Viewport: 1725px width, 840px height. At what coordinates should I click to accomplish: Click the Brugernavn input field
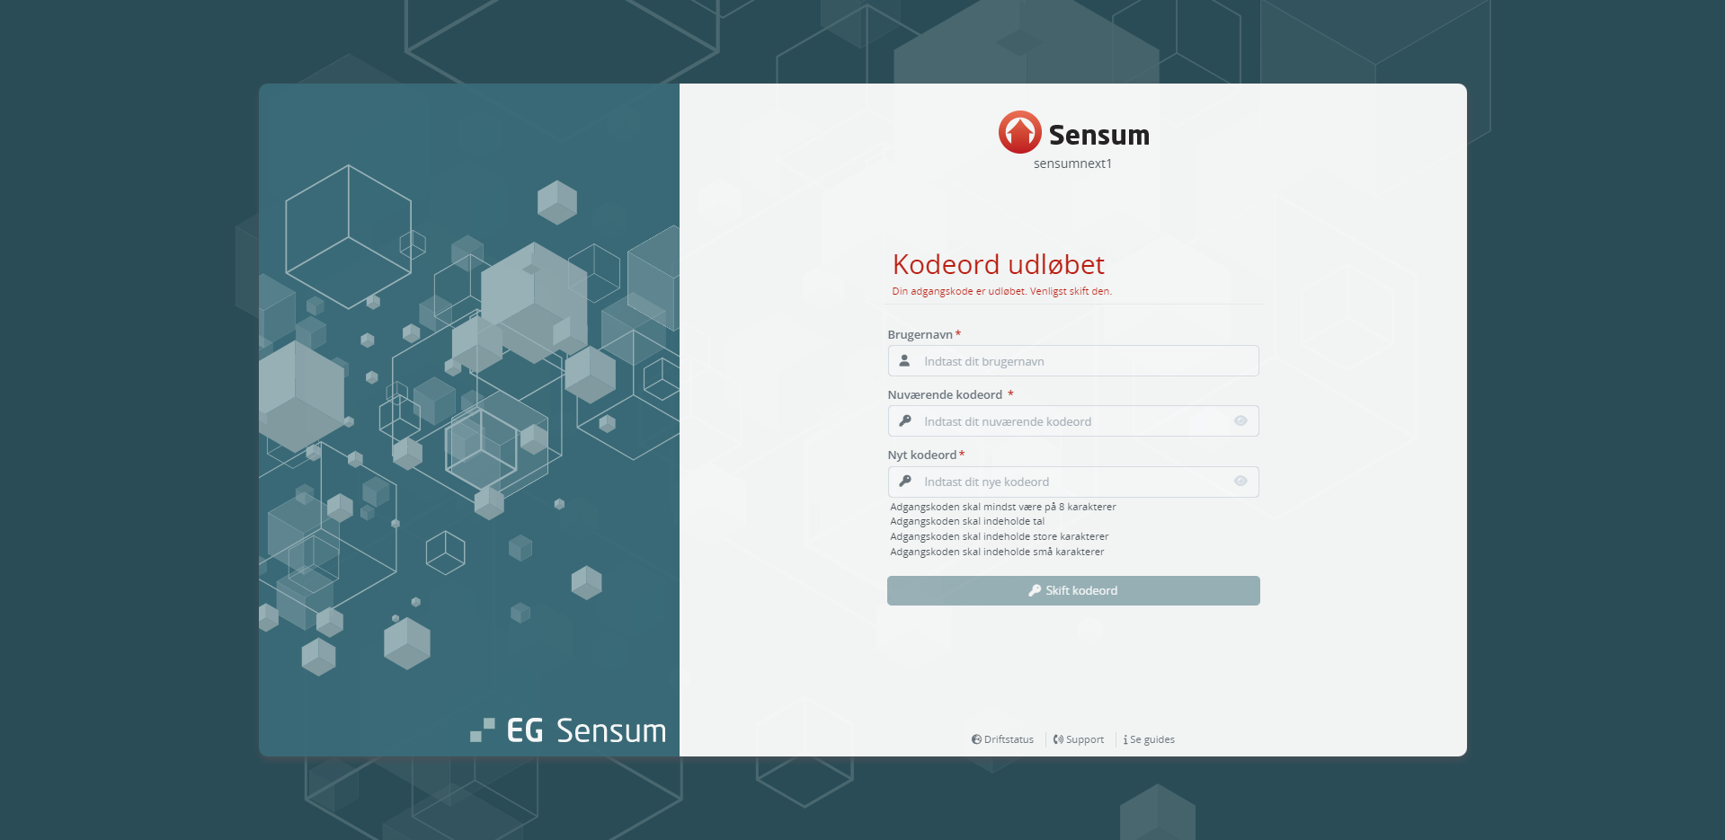[1073, 361]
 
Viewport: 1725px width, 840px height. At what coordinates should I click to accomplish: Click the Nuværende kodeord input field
[1073, 421]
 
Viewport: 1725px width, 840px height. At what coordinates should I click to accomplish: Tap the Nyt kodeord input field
[1073, 482]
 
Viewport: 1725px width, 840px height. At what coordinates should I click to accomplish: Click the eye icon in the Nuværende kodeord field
[1240, 421]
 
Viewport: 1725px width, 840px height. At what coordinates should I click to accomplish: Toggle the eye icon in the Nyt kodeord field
[1240, 482]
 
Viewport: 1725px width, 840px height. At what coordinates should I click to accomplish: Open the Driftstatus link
[1002, 739]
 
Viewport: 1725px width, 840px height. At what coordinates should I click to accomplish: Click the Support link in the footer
[1079, 739]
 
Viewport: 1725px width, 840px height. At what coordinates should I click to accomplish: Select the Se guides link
[1149, 739]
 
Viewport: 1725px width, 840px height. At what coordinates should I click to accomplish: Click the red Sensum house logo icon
[1019, 132]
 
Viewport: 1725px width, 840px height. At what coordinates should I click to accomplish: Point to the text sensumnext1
[1072, 164]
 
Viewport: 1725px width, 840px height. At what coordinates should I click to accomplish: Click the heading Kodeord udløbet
[999, 264]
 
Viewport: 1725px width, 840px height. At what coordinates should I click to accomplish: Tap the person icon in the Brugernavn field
[905, 361]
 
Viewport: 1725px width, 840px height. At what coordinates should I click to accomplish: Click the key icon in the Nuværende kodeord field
[905, 421]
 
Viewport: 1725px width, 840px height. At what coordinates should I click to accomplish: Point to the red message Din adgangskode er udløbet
[958, 291]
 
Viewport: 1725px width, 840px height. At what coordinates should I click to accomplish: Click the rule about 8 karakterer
[1003, 507]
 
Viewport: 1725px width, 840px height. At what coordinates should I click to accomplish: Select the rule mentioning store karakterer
[1000, 536]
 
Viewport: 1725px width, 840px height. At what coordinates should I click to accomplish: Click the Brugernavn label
[920, 334]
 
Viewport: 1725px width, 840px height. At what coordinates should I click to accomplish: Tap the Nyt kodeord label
[922, 455]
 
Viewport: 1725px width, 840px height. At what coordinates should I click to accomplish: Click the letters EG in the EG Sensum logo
[525, 730]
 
